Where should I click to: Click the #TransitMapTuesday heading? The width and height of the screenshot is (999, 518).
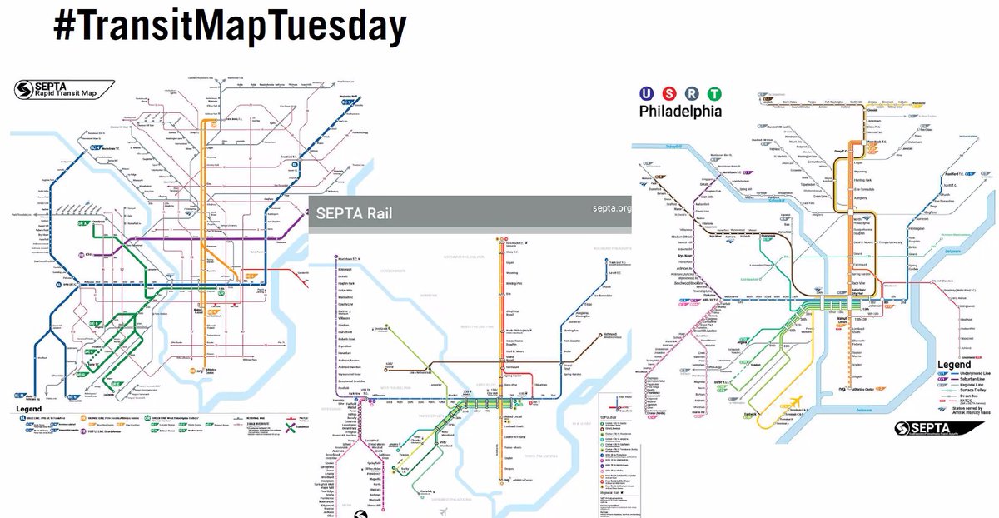[x=230, y=27]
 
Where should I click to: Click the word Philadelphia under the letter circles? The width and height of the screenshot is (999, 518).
[x=681, y=111]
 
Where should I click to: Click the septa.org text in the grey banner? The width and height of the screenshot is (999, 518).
[x=612, y=207]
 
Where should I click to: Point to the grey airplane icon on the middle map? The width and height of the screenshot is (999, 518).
[x=444, y=510]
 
